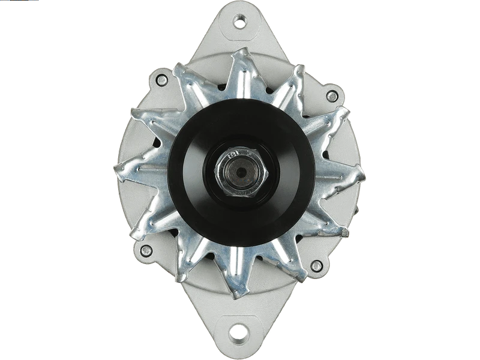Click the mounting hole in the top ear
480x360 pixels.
pyautogui.click(x=240, y=23)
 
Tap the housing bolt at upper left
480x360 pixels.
pyautogui.click(x=161, y=78)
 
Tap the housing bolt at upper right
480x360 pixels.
pyautogui.click(x=331, y=95)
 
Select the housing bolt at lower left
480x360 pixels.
pyautogui.click(x=145, y=251)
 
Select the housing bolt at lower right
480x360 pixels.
pyautogui.click(x=316, y=266)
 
